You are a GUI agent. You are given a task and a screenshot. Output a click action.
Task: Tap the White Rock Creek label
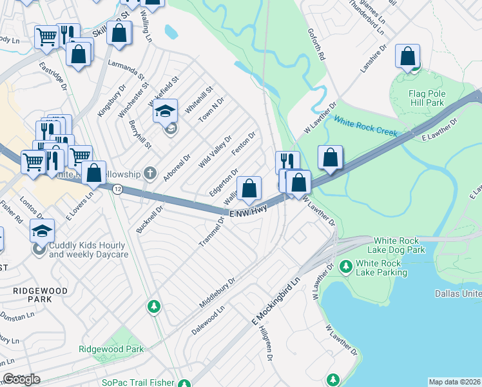pos(365,126)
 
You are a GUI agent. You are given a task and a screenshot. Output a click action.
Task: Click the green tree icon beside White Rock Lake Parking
pos(345,266)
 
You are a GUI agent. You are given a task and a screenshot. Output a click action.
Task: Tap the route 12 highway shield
pos(117,189)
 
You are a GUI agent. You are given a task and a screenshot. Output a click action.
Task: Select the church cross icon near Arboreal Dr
pos(150,172)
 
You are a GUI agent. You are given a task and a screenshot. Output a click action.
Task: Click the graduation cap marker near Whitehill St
pos(165,111)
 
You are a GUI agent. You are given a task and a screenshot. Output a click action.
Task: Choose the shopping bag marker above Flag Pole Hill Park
pos(408,56)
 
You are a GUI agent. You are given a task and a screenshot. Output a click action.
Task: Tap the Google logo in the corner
pos(21,379)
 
